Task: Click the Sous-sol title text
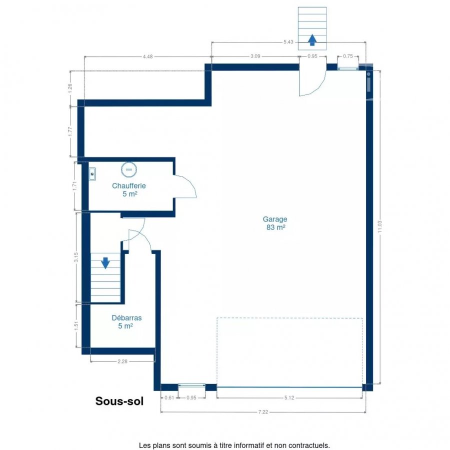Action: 119,401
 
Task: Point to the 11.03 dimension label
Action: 380,226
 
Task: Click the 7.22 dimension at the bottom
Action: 263,412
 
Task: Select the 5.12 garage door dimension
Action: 289,397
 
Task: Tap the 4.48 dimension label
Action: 148,56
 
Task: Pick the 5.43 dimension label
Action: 288,42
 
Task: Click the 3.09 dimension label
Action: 255,56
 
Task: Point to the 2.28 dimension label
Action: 122,361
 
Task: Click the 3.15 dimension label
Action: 76,257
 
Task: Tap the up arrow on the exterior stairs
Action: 312,40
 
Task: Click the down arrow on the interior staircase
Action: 105,263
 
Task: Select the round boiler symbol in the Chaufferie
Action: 129,169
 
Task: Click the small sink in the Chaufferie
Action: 92,174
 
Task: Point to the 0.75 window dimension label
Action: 348,56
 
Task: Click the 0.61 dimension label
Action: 169,397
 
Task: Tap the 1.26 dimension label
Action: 70,88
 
